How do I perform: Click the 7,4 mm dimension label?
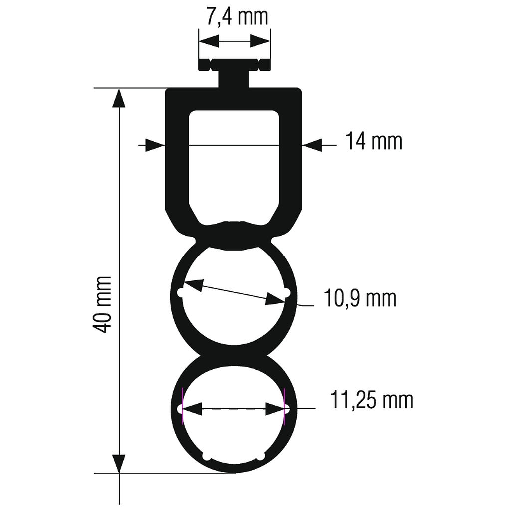[236, 17]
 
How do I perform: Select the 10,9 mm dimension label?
[360, 299]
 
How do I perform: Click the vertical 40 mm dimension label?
[103, 304]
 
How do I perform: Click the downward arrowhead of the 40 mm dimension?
[119, 462]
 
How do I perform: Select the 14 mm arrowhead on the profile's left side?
[155, 145]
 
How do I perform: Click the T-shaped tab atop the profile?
[235, 73]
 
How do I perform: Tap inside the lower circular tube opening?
[234, 429]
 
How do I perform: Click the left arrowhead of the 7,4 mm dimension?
[209, 41]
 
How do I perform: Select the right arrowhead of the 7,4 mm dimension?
[260, 41]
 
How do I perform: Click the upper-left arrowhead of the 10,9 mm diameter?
[194, 285]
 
